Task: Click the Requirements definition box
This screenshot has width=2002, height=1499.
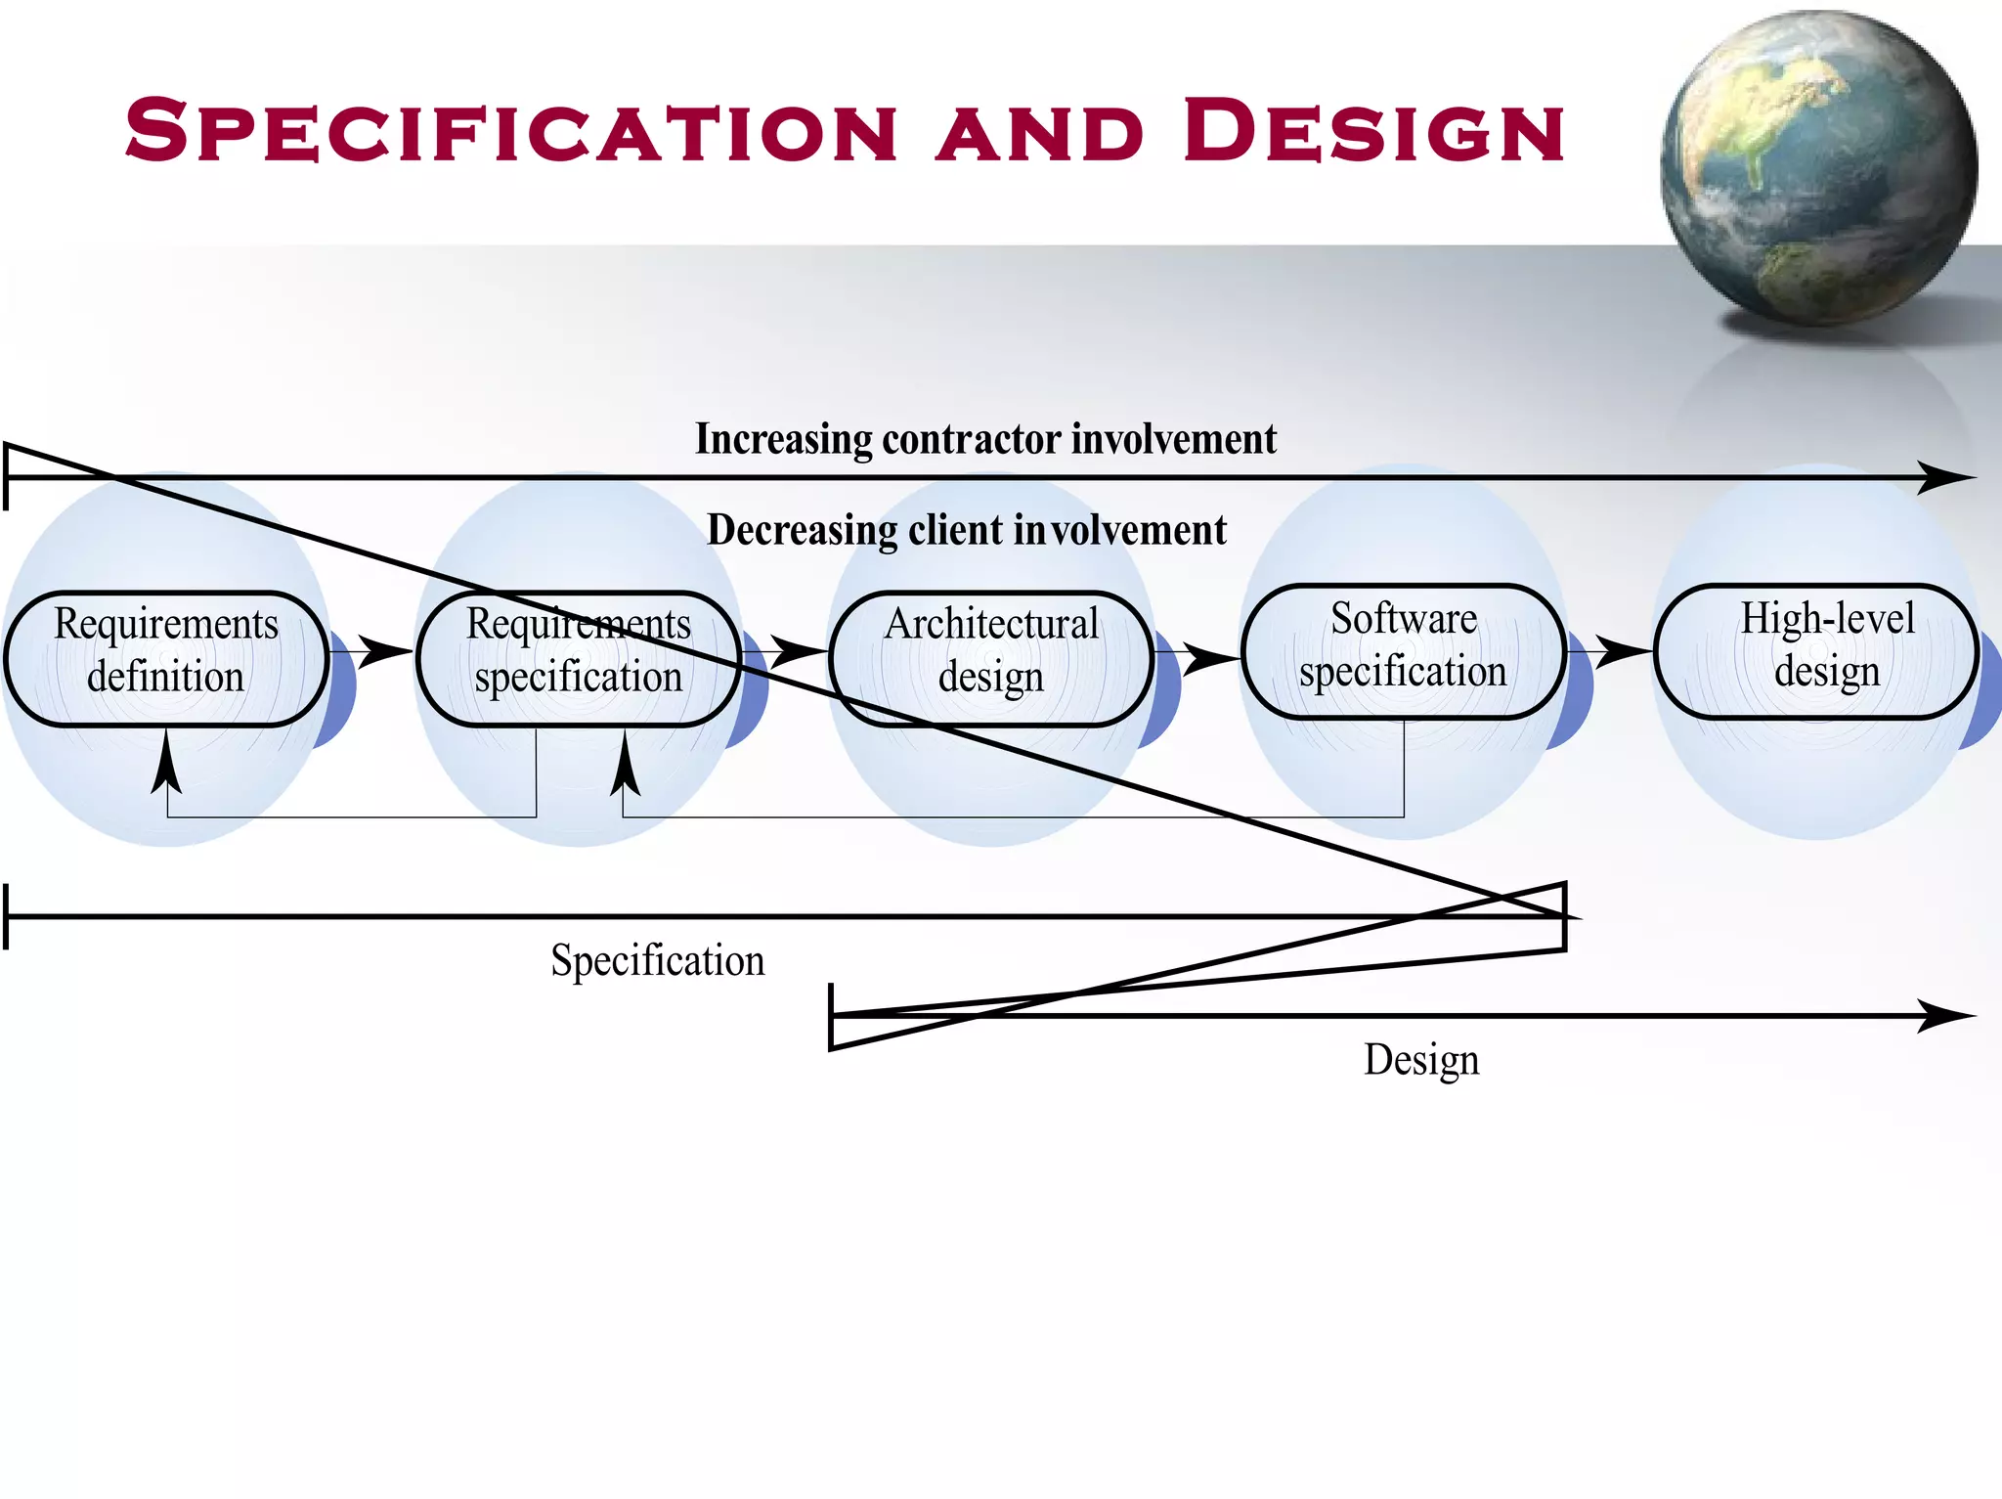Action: pos(166,658)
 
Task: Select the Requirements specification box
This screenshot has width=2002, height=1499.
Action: pos(578,658)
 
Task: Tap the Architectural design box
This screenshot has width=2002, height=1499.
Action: pos(990,658)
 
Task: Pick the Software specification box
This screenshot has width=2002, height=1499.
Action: pos(1403,651)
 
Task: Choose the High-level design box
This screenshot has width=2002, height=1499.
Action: pos(1815,651)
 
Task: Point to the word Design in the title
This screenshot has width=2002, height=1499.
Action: pos(1373,131)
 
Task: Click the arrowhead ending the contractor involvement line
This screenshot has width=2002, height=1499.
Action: pos(1945,478)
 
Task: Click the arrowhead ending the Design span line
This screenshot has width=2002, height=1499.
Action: pos(1945,1016)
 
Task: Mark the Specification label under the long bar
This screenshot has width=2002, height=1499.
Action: pos(657,960)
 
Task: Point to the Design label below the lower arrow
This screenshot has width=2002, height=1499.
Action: pos(1421,1060)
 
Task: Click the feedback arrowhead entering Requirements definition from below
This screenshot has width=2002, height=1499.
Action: pos(167,763)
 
